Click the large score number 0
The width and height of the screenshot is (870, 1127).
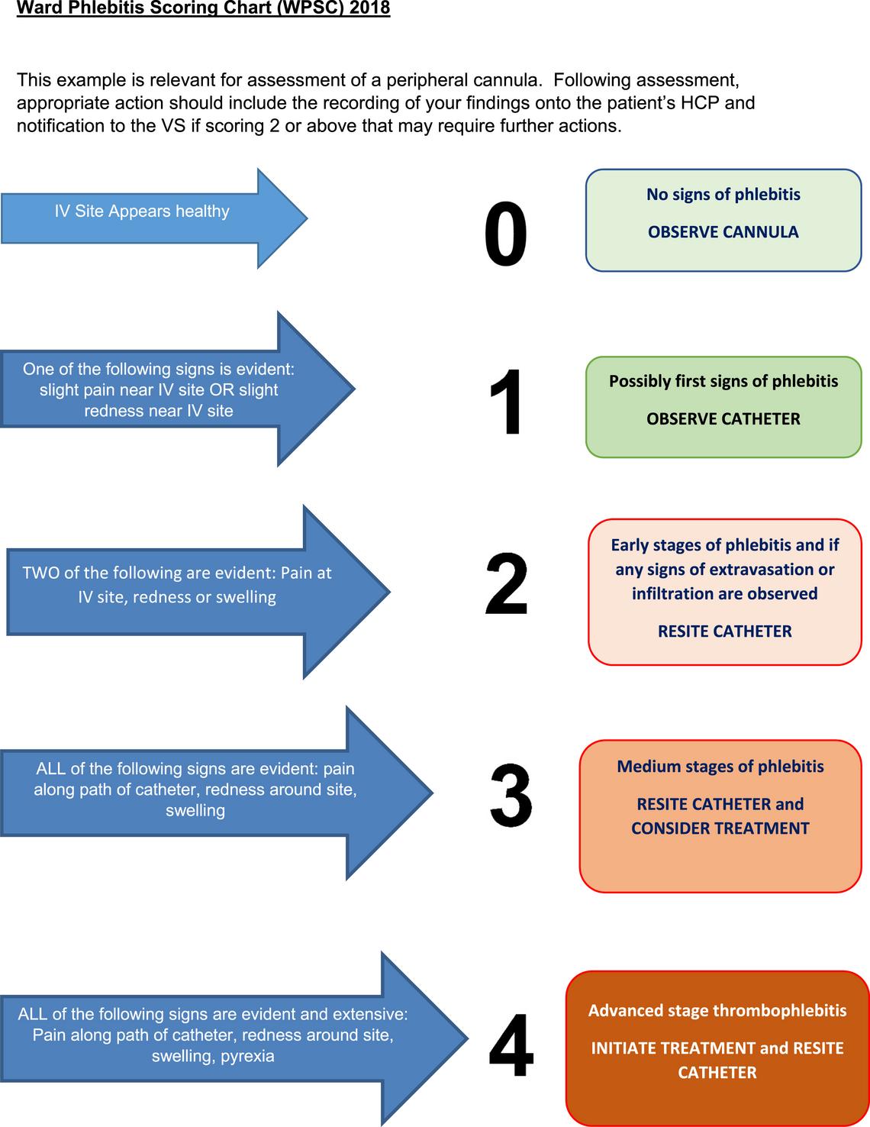click(x=505, y=235)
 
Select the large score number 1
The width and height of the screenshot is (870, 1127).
click(x=507, y=402)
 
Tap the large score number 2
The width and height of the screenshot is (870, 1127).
click(x=507, y=585)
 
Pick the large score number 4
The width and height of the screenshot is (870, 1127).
click(x=511, y=1045)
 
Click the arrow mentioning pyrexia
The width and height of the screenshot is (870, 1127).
click(x=214, y=1038)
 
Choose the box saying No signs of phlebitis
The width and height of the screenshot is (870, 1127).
click(x=723, y=220)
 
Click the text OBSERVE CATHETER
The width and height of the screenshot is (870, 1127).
click(x=723, y=418)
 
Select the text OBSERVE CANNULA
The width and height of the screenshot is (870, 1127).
click(x=723, y=232)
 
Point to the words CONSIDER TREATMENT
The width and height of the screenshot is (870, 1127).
click(x=720, y=828)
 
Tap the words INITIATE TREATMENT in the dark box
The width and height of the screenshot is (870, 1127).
click(x=672, y=1048)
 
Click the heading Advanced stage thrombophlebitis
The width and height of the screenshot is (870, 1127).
click(x=717, y=1010)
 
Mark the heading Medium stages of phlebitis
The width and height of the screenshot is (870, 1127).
click(x=720, y=766)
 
